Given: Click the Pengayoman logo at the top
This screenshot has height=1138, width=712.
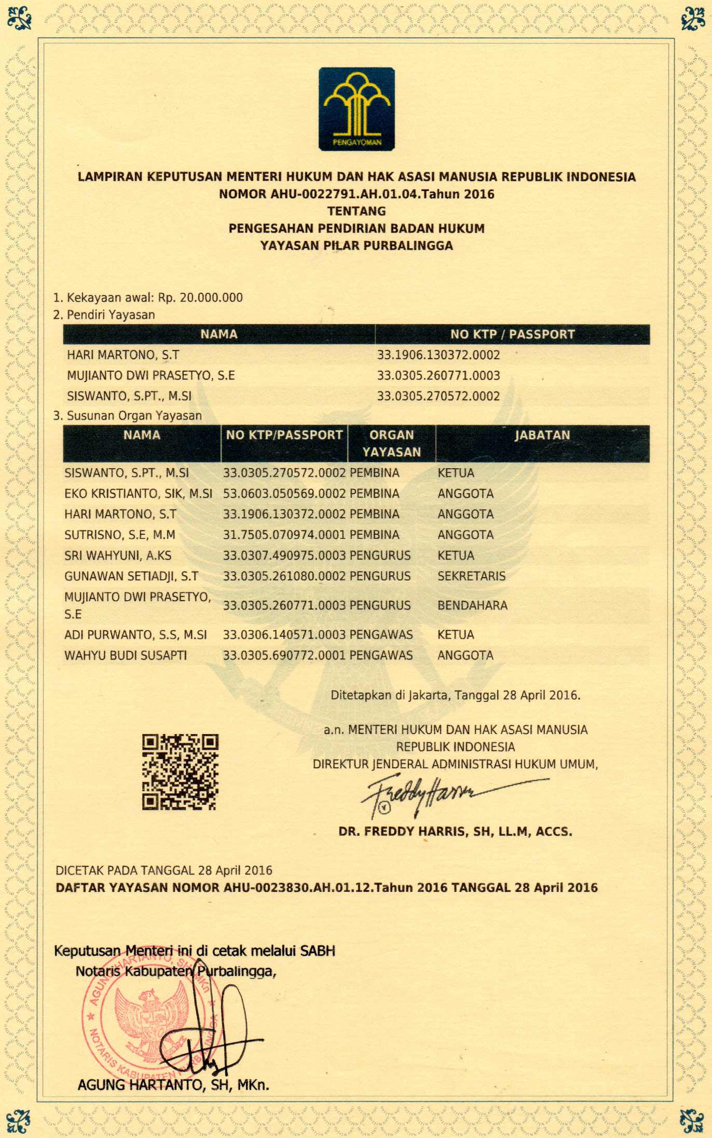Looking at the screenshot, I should (357, 109).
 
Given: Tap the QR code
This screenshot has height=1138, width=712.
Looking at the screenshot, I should (180, 771).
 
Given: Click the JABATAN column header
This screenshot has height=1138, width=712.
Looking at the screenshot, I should (542, 435).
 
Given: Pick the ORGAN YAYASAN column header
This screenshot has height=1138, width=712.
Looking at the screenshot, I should (391, 443).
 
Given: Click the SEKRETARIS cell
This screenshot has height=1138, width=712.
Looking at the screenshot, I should (471, 576).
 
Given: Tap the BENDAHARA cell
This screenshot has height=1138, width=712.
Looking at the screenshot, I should (472, 605).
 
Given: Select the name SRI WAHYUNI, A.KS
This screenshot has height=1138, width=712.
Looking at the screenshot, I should (118, 556).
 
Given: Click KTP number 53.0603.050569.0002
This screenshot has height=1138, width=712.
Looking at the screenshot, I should (284, 493).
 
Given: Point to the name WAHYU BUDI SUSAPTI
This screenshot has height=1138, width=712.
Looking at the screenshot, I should (126, 655).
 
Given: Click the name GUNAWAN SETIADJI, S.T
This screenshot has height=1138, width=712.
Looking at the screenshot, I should (131, 576).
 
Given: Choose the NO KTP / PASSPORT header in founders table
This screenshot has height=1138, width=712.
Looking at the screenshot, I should (512, 334).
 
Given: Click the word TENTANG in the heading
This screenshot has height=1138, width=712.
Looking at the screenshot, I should (357, 211).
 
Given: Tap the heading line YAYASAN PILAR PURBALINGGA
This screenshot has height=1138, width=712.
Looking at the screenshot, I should (357, 246).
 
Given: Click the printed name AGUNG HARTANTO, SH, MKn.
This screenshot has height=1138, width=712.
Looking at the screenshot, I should (173, 1085).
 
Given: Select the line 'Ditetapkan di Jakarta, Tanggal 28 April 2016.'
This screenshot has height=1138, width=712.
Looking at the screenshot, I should (455, 695).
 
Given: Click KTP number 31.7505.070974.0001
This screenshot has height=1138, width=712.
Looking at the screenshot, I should (284, 535).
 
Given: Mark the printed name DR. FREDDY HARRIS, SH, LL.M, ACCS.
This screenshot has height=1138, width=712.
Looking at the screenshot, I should (455, 831).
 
